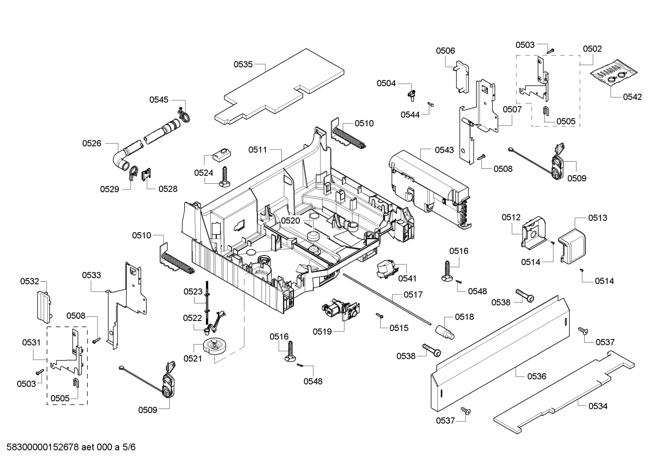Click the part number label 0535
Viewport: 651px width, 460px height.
[243, 64]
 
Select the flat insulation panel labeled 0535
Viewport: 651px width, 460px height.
[280, 86]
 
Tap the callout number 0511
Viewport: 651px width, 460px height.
[258, 150]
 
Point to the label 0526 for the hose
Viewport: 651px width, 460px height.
[92, 143]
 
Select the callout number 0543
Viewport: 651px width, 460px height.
[444, 150]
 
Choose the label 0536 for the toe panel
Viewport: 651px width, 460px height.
[536, 376]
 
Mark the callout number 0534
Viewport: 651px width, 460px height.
[598, 406]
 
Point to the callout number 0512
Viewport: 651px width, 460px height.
[511, 218]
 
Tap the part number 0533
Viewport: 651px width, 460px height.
[91, 275]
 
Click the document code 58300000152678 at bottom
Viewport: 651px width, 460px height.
[68, 447]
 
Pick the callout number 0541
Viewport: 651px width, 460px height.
[407, 279]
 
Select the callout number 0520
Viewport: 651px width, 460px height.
[290, 220]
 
